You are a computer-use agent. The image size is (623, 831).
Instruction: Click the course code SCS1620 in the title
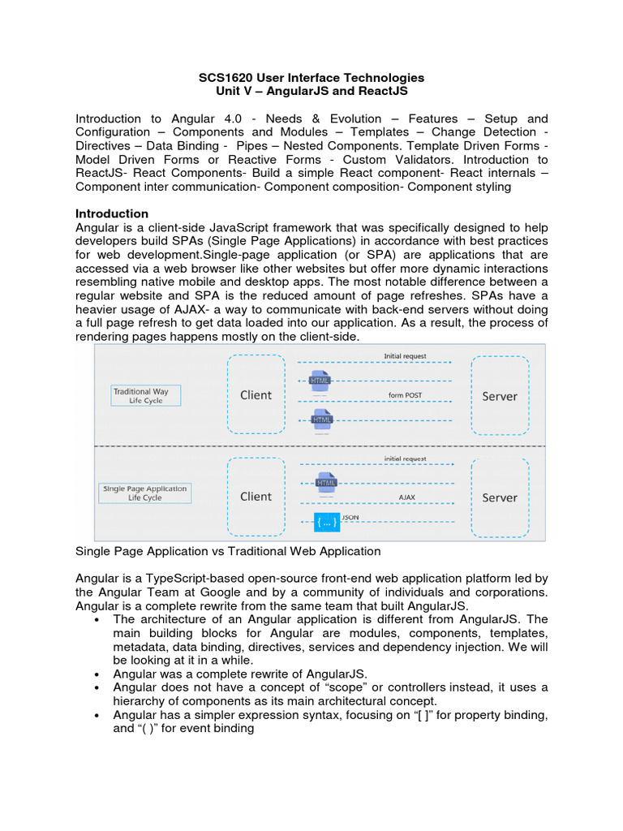[225, 78]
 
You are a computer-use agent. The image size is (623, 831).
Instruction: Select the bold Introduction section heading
[112, 213]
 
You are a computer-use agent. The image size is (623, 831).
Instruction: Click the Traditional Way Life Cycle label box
[146, 395]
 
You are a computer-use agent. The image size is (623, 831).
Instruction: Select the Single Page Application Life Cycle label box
[145, 493]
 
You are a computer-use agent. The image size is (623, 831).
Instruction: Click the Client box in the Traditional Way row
[256, 395]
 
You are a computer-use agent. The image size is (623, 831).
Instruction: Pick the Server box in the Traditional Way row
[500, 396]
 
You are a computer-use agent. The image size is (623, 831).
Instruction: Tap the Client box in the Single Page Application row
[256, 497]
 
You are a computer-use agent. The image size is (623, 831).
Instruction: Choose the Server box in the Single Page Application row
[500, 497]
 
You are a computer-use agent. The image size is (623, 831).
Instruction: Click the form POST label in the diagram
[405, 395]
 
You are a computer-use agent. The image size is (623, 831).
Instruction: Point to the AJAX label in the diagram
[406, 497]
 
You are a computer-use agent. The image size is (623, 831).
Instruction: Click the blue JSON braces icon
[326, 522]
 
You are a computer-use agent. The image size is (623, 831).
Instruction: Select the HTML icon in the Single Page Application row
[326, 482]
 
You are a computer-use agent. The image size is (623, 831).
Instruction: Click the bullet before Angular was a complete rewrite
[97, 674]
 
